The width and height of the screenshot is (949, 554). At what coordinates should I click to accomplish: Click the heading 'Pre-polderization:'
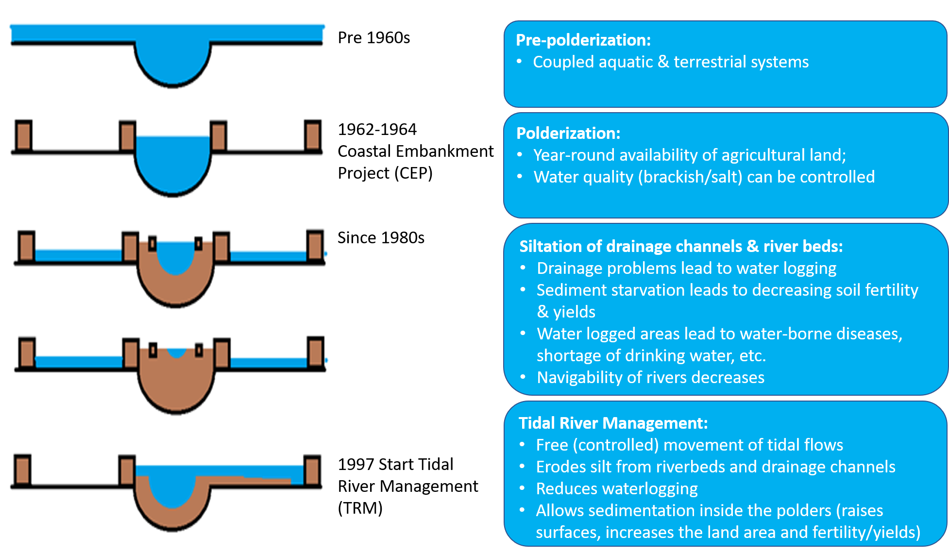(583, 40)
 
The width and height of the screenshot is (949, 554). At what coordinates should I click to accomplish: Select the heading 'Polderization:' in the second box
(568, 134)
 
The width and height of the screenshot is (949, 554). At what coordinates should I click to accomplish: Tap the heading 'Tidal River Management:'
(613, 423)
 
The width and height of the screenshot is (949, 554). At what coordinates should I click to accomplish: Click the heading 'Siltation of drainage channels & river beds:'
(681, 247)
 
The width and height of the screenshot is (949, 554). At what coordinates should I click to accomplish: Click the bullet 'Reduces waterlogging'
(617, 489)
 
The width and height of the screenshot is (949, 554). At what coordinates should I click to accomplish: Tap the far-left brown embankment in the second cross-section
(23, 135)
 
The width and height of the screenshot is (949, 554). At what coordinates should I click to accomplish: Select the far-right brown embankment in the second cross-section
(313, 135)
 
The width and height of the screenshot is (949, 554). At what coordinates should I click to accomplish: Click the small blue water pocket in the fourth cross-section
(177, 352)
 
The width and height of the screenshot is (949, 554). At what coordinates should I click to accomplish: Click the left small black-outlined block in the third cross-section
(152, 243)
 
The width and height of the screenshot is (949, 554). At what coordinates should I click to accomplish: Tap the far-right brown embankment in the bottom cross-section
(312, 470)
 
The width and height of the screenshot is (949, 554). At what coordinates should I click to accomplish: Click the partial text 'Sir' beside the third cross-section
(345, 238)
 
